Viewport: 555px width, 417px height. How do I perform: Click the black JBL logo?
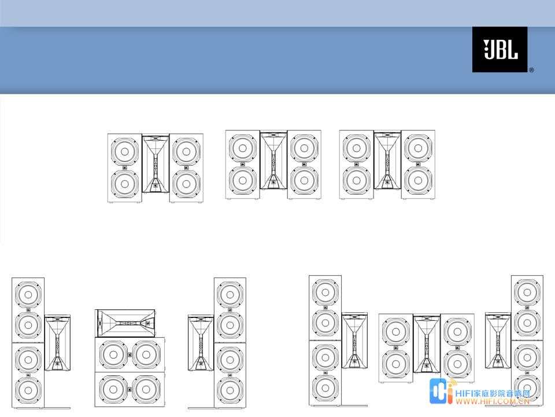point(499,50)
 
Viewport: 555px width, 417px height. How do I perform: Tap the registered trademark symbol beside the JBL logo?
point(531,70)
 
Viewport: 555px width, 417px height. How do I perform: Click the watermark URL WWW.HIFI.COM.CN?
point(493,401)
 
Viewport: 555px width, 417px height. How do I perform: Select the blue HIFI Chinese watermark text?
point(493,393)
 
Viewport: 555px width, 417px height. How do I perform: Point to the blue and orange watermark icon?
point(442,391)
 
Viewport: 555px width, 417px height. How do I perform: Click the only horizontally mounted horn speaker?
point(125,323)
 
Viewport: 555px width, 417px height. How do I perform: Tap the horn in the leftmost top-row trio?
point(156,163)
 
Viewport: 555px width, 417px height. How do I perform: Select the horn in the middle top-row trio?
point(273,160)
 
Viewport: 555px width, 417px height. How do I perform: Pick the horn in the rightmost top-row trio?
point(387,160)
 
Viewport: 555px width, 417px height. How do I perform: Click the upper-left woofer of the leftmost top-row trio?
point(125,151)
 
